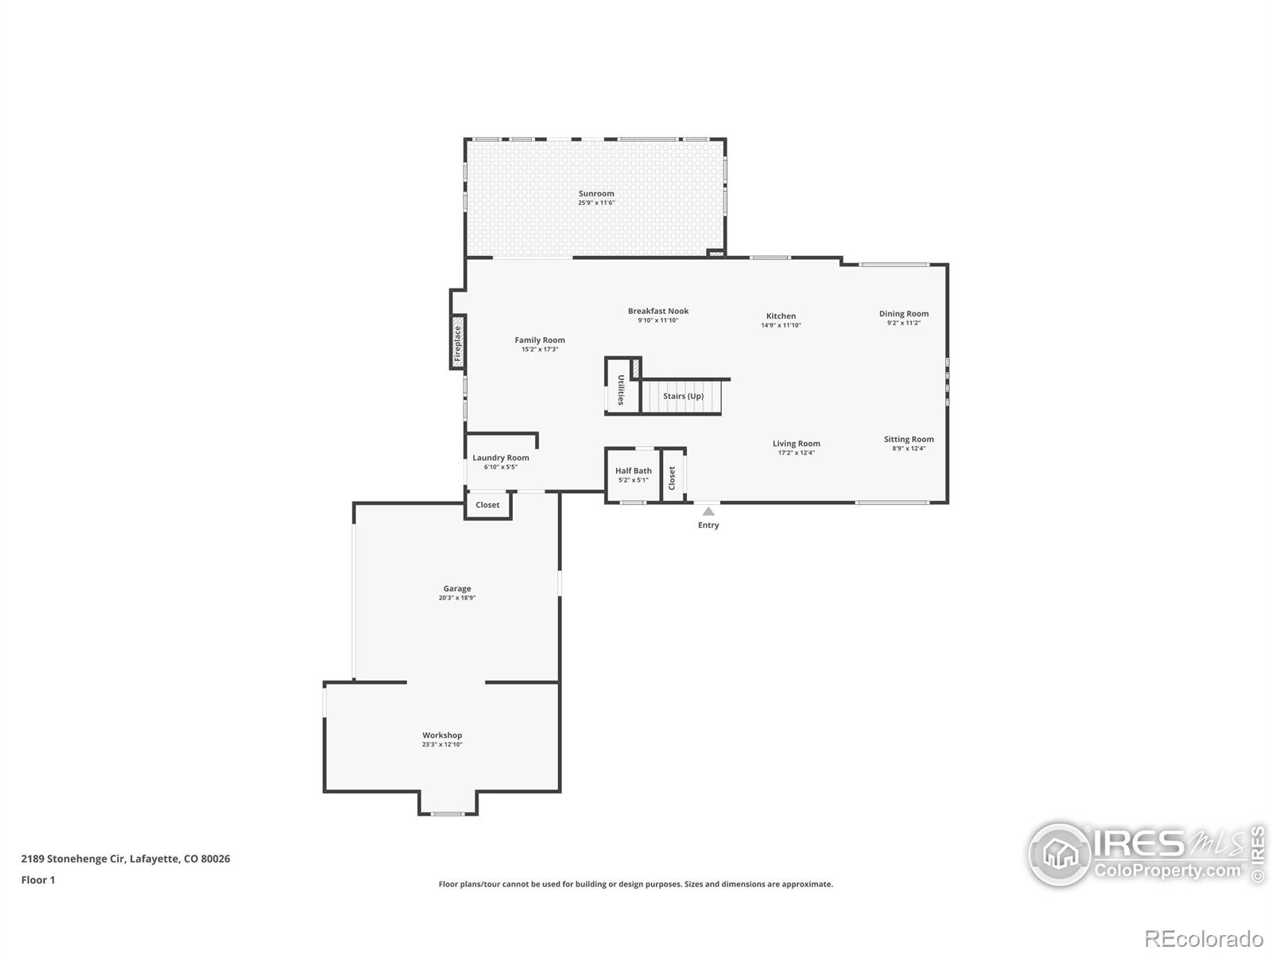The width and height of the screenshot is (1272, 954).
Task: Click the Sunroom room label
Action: tap(595, 193)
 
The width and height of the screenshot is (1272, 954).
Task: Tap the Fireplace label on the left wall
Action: tap(457, 343)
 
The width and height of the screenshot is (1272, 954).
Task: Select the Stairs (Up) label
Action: tap(683, 396)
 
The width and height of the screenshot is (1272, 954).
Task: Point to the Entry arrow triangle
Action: tap(708, 511)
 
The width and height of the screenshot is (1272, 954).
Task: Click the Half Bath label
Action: tap(634, 471)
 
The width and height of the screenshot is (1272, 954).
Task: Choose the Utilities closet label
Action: tap(621, 390)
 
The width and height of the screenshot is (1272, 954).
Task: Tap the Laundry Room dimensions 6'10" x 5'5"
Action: tap(501, 467)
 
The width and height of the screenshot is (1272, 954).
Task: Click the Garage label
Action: tap(457, 588)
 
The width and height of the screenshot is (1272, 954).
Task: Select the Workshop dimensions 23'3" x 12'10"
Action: tap(442, 744)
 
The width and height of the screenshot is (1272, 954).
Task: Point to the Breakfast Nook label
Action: tap(658, 311)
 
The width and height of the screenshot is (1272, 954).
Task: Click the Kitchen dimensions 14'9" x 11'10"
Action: tap(781, 325)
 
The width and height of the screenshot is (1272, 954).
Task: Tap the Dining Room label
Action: tap(904, 314)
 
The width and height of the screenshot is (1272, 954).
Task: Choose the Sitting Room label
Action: tap(909, 439)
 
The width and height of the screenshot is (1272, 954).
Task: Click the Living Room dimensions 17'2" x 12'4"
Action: tap(797, 452)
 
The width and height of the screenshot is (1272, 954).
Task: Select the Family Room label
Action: tap(540, 340)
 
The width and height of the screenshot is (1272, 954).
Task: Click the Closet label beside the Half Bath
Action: tap(673, 479)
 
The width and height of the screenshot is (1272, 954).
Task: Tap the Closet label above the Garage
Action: tap(487, 505)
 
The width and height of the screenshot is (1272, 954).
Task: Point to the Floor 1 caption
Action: tap(38, 880)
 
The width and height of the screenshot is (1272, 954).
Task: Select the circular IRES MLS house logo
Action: tap(1060, 855)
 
